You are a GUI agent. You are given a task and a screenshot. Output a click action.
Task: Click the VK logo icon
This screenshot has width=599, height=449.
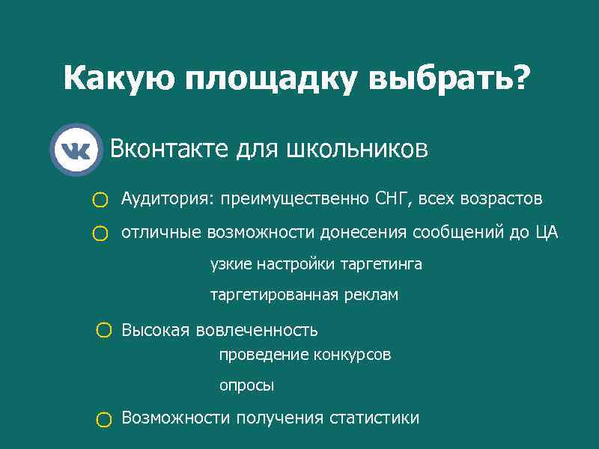pyautogui.click(x=76, y=150)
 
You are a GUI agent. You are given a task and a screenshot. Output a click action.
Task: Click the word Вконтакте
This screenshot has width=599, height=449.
pyautogui.click(x=170, y=149)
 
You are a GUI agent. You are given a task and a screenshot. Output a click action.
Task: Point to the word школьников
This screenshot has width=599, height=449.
pyautogui.click(x=357, y=149)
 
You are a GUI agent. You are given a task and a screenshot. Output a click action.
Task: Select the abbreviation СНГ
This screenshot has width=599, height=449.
pyautogui.click(x=392, y=199)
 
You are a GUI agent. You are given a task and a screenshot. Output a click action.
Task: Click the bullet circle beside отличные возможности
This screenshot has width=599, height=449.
pyautogui.click(x=100, y=234)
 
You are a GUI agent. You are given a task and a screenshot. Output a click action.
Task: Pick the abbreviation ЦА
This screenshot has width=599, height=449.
pyautogui.click(x=547, y=233)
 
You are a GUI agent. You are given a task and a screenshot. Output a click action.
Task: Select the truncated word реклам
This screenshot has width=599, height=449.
pyautogui.click(x=371, y=296)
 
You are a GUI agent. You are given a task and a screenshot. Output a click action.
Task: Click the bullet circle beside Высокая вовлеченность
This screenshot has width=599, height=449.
pyautogui.click(x=104, y=330)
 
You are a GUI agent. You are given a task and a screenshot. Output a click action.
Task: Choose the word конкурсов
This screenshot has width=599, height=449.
pyautogui.click(x=352, y=355)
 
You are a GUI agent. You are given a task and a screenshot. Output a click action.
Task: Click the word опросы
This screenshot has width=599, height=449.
pyautogui.click(x=246, y=386)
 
